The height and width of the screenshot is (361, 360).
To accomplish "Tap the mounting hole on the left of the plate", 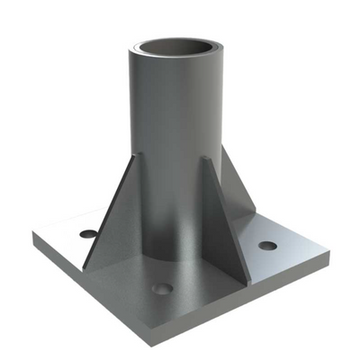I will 87,233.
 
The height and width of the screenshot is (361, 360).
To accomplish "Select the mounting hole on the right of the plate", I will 267,245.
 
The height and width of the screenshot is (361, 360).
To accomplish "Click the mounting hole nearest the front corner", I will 162,289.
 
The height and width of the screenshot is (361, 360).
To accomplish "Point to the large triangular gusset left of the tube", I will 112,216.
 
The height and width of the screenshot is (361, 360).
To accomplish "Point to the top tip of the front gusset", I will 207,159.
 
